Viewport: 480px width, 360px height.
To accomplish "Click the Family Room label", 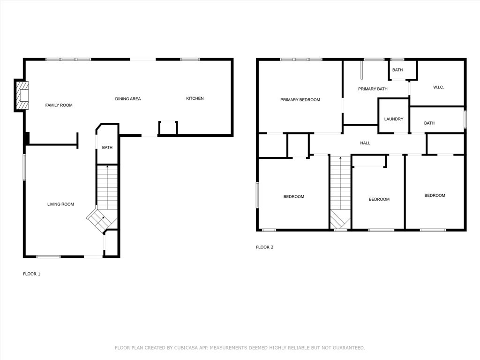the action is pyautogui.click(x=59, y=105).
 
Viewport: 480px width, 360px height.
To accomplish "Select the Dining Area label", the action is pyautogui.click(x=128, y=99).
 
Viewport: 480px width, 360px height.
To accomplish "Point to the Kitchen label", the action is pyautogui.click(x=195, y=98).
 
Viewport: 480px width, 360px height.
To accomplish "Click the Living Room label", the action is pyautogui.click(x=60, y=204).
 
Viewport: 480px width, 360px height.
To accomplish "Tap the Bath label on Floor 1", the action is pyautogui.click(x=107, y=148).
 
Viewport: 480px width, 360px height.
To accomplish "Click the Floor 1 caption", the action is pyautogui.click(x=31, y=274).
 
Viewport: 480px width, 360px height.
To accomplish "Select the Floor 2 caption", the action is pyautogui.click(x=264, y=247).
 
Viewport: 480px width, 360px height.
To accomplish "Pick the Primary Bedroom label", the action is pyautogui.click(x=300, y=100).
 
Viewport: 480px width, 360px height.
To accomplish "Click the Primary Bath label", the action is pyautogui.click(x=373, y=89).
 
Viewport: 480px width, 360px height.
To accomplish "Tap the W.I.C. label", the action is pyautogui.click(x=438, y=87).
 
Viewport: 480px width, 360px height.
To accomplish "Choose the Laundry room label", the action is pyautogui.click(x=394, y=119).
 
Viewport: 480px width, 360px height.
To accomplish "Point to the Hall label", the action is pyautogui.click(x=365, y=143).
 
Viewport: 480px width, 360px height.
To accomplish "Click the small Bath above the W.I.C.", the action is pyautogui.click(x=397, y=70).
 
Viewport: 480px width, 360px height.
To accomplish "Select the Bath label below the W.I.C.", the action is pyautogui.click(x=429, y=123).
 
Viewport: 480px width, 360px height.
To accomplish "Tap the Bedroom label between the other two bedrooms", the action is pyautogui.click(x=379, y=199).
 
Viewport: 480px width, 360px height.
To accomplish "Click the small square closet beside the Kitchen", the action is pyautogui.click(x=168, y=128).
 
